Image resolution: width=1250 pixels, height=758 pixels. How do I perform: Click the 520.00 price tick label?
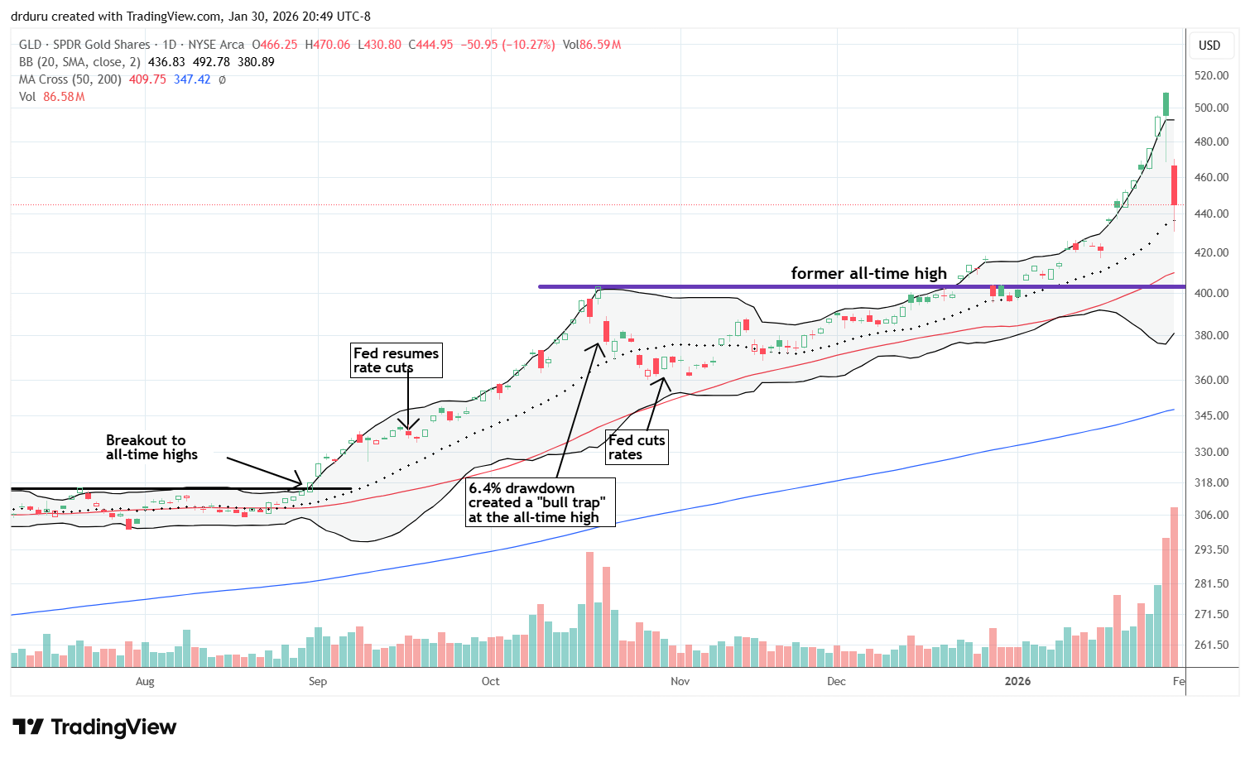click(1210, 75)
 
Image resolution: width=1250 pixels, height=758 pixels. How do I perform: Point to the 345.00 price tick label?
click(1210, 415)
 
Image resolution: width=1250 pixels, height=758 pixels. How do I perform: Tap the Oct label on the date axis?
click(490, 681)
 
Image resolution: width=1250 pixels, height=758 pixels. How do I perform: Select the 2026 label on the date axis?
click(1017, 681)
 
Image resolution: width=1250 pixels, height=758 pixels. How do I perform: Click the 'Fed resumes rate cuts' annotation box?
click(397, 360)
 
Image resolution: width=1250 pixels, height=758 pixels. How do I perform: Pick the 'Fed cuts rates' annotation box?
click(637, 447)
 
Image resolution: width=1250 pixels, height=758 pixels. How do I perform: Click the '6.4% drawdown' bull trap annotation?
click(540, 502)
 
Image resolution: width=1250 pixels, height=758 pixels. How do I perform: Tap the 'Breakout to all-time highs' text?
click(151, 447)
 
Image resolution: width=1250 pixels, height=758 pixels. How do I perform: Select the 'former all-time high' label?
click(868, 273)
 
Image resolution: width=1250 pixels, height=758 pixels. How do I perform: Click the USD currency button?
click(1209, 45)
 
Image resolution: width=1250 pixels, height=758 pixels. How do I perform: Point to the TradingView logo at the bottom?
click(95, 727)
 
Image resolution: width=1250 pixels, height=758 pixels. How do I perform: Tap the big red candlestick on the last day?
click(1174, 185)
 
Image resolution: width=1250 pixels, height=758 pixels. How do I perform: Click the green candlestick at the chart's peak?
click(1166, 103)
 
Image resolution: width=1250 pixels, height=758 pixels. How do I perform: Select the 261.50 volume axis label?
click(1210, 645)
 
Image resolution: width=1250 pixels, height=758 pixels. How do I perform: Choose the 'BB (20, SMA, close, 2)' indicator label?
click(79, 62)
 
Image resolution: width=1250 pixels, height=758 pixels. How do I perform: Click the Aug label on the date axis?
click(145, 681)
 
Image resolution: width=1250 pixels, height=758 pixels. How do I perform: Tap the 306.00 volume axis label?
click(1210, 515)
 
